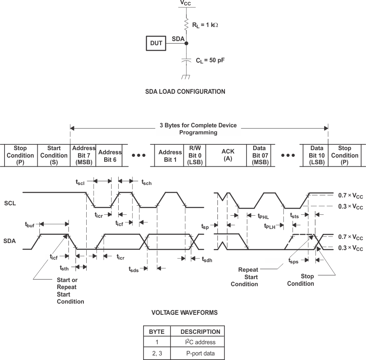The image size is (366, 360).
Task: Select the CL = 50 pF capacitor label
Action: point(210,60)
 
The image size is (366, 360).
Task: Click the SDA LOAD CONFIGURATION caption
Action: point(185,92)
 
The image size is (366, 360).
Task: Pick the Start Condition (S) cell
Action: point(54,155)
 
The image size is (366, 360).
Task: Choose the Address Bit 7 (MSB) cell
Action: point(83,155)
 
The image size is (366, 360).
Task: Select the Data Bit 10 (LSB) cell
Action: point(316,155)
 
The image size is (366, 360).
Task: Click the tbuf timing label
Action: point(30,224)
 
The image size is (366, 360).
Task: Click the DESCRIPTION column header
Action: point(200,331)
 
